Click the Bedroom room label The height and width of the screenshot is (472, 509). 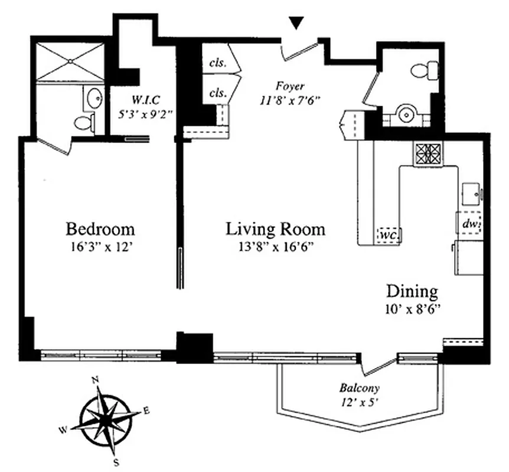pyautogui.click(x=100, y=228)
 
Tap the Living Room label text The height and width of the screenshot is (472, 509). pyautogui.click(x=275, y=228)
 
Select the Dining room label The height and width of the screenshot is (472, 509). pyautogui.click(x=412, y=291)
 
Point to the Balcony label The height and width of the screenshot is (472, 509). pyautogui.click(x=359, y=388)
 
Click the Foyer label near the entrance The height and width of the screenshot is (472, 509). pyautogui.click(x=289, y=87)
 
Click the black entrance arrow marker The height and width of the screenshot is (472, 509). pyautogui.click(x=297, y=23)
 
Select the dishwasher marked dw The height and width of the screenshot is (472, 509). pyautogui.click(x=470, y=224)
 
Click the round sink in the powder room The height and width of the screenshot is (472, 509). pyautogui.click(x=407, y=112)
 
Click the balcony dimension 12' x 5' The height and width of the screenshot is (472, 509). pyautogui.click(x=359, y=402)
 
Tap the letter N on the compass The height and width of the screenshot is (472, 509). pyautogui.click(x=94, y=381)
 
